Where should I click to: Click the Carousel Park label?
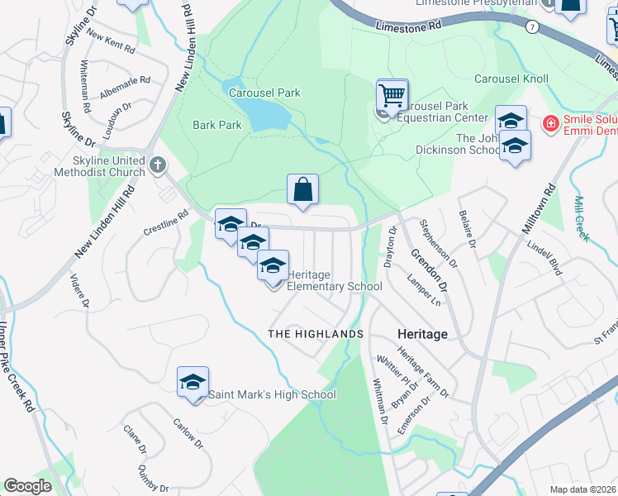pyautogui.click(x=264, y=93)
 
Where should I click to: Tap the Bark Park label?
pyautogui.click(x=216, y=126)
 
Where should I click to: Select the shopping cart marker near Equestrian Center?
pyautogui.click(x=392, y=95)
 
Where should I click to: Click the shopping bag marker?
pyautogui.click(x=303, y=189)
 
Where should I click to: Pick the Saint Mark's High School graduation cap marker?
pyautogui.click(x=193, y=382)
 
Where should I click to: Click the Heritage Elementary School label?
pyautogui.click(x=334, y=280)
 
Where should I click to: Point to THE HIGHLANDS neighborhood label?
pyautogui.click(x=316, y=333)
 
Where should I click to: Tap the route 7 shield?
pyautogui.click(x=531, y=26)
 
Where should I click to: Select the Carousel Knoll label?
pyautogui.click(x=511, y=79)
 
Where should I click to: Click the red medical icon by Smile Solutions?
pyautogui.click(x=549, y=124)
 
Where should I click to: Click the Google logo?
pyautogui.click(x=28, y=486)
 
